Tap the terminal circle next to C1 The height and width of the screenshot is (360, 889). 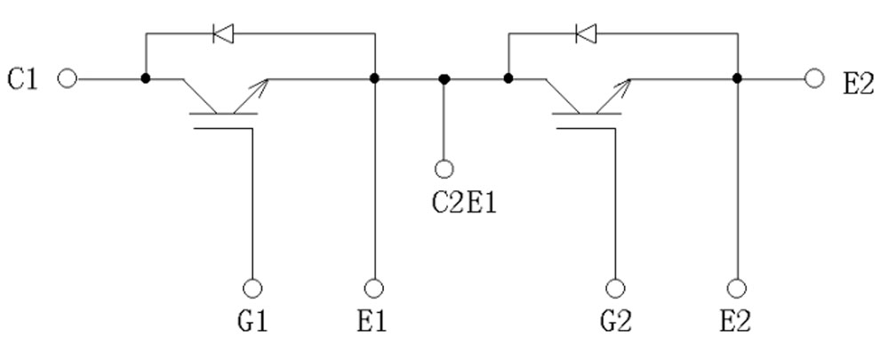(x=67, y=79)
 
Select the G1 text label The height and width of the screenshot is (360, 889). (x=252, y=320)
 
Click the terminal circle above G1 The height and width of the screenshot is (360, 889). (x=252, y=289)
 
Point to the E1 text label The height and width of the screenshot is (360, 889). (x=374, y=320)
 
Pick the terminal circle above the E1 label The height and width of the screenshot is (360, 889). (x=374, y=289)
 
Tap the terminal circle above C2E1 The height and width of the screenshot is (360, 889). (x=444, y=167)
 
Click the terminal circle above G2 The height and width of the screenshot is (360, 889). (x=614, y=289)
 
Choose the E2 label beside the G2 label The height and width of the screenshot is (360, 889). (x=737, y=320)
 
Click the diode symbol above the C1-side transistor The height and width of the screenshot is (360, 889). (x=222, y=35)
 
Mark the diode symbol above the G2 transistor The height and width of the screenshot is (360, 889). (x=585, y=35)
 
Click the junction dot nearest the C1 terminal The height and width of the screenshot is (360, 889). (x=145, y=79)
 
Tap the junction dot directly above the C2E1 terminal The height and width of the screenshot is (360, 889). (x=444, y=79)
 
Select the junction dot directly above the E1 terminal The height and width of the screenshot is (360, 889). (x=374, y=79)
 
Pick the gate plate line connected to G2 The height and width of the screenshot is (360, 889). (x=586, y=127)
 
